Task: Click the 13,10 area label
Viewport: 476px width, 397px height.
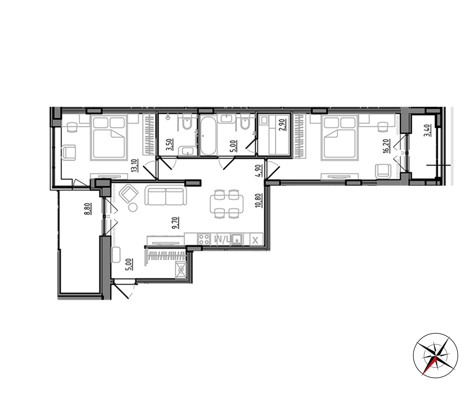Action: point(135,166)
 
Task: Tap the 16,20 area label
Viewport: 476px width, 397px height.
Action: point(386,146)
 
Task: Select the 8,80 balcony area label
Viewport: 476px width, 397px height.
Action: point(88,209)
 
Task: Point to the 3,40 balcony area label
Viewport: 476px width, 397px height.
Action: point(427,130)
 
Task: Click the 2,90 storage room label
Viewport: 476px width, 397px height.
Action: point(283,125)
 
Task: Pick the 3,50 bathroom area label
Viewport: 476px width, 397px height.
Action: point(169,145)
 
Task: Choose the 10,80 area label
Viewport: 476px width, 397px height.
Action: point(259,200)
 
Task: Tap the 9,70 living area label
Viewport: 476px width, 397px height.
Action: point(176,223)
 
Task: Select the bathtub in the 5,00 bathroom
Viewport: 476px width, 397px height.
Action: point(208,136)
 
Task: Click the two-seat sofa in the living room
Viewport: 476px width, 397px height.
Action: point(166,195)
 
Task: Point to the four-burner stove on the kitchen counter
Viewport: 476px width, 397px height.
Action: point(204,239)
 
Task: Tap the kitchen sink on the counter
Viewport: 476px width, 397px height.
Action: point(237,239)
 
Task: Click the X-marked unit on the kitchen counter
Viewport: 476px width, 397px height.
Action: point(255,239)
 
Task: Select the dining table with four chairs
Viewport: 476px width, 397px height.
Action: point(226,204)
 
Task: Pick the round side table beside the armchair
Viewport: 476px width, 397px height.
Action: point(132,208)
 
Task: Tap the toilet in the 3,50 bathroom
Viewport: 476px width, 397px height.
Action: point(187,123)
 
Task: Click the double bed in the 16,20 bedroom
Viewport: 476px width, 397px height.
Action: point(340,137)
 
